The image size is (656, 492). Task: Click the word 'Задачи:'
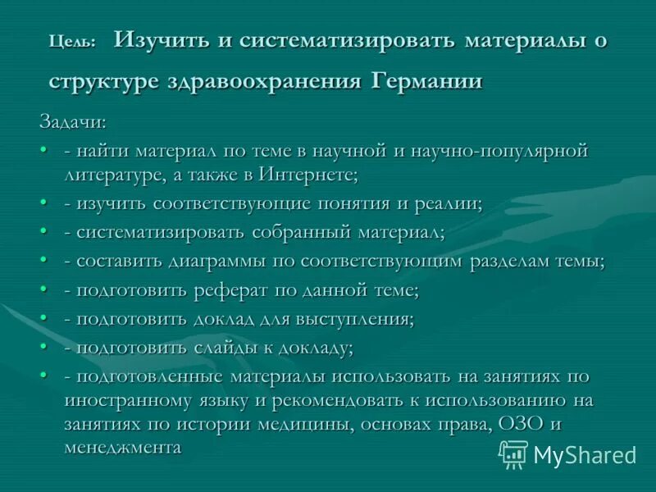(73, 123)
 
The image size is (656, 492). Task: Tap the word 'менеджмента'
(122, 448)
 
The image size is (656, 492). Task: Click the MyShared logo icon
(513, 453)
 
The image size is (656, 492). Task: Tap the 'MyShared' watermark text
(585, 455)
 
